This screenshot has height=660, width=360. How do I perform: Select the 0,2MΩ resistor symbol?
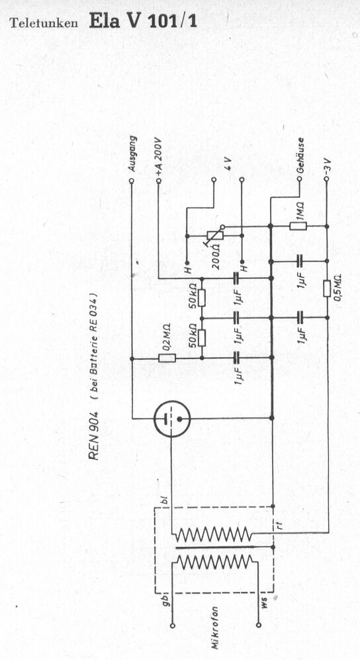(x=167, y=358)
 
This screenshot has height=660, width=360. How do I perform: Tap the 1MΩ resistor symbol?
(x=298, y=226)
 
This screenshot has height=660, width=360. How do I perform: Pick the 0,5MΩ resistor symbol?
(x=326, y=288)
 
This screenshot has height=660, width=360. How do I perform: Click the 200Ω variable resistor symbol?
(x=215, y=235)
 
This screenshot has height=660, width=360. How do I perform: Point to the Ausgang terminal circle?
(x=132, y=181)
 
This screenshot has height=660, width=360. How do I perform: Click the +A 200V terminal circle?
(x=158, y=181)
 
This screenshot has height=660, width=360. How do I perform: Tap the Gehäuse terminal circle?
(x=299, y=179)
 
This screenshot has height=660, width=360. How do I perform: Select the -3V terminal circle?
(x=326, y=179)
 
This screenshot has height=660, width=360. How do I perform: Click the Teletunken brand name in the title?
(x=44, y=23)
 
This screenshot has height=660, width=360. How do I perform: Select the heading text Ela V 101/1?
(x=143, y=21)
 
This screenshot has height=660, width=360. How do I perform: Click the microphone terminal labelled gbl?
(x=172, y=626)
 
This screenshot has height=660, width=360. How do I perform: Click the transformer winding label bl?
(x=165, y=502)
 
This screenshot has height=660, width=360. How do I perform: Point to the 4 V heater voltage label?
(x=228, y=163)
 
